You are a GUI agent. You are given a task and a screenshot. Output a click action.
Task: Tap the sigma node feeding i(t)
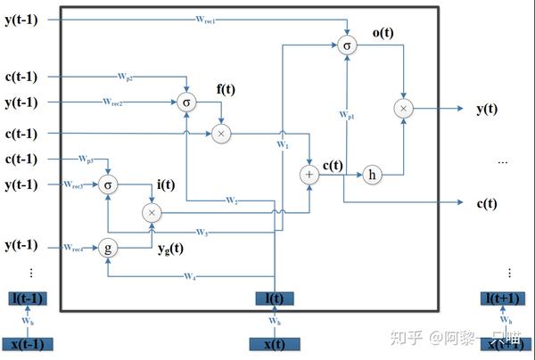(x=108, y=184)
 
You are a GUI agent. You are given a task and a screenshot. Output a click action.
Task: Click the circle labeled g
(x=108, y=249)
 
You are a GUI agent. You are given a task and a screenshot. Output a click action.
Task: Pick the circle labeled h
(x=372, y=175)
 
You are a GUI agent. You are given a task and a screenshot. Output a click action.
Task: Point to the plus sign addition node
(x=309, y=175)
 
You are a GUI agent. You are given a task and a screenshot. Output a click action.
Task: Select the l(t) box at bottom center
(x=276, y=299)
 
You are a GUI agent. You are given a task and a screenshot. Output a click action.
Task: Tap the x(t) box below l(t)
(x=276, y=344)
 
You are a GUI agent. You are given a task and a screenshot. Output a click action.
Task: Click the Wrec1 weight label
(x=206, y=18)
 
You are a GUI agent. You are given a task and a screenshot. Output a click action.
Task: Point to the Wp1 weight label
(x=347, y=115)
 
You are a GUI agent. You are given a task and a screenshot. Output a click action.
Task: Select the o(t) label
(x=384, y=33)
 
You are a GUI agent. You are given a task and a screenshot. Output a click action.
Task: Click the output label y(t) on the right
(x=487, y=109)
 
